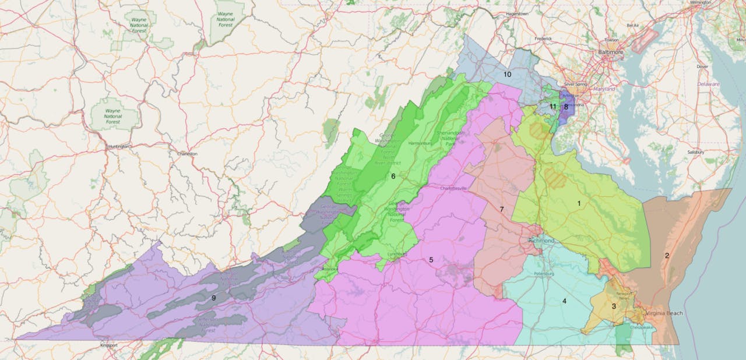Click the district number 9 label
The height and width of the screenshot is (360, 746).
pyautogui.click(x=214, y=298)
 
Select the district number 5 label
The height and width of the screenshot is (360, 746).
pyautogui.click(x=431, y=260)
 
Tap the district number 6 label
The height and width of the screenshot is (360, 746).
pyautogui.click(x=393, y=176)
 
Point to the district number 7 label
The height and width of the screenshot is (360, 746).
pyautogui.click(x=501, y=209)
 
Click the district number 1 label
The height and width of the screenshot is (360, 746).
pyautogui.click(x=579, y=203)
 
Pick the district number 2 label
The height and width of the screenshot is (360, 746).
pyautogui.click(x=667, y=255)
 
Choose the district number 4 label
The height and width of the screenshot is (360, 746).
pyautogui.click(x=564, y=301)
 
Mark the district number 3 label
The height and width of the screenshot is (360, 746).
pyautogui.click(x=613, y=306)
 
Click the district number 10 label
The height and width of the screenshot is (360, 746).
pyautogui.click(x=507, y=75)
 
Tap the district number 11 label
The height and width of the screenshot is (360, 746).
pyautogui.click(x=553, y=107)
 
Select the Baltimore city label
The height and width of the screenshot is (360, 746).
pyautogui.click(x=610, y=52)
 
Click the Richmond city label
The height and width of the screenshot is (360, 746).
pyautogui.click(x=540, y=241)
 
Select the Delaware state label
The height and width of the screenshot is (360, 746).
pyautogui.click(x=709, y=84)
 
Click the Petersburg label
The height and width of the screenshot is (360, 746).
pyautogui.click(x=546, y=273)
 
